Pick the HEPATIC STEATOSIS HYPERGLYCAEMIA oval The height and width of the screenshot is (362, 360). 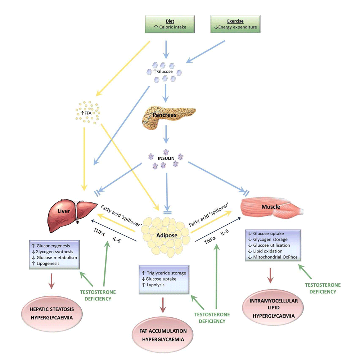[51, 314]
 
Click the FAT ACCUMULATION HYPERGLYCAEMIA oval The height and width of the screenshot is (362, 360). [164, 335]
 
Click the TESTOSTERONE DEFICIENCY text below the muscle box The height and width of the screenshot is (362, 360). [323, 288]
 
